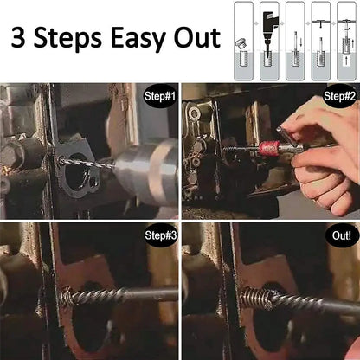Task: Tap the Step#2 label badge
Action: click(x=339, y=98)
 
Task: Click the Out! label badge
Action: click(x=339, y=235)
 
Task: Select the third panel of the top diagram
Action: click(x=295, y=41)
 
